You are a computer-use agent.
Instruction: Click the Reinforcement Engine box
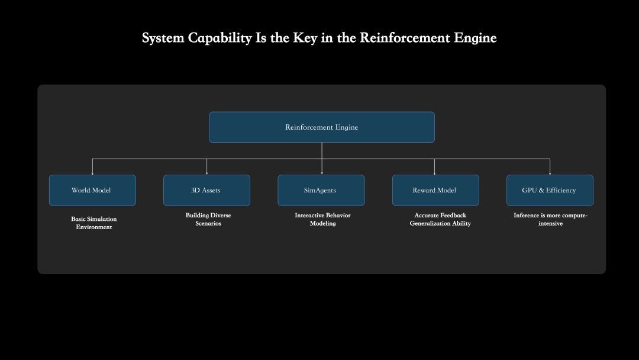tap(322, 127)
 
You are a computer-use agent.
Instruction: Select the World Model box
tap(92, 190)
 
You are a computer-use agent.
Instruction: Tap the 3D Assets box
tap(206, 190)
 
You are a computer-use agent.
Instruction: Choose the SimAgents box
tap(321, 190)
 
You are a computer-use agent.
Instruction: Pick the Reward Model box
tap(435, 190)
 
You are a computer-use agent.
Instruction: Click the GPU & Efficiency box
tap(550, 190)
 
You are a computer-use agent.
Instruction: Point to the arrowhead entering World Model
tap(92, 172)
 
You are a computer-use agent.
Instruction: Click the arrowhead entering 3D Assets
tap(206, 172)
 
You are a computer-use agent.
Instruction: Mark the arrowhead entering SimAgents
tap(321, 172)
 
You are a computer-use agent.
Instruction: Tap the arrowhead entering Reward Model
tap(435, 172)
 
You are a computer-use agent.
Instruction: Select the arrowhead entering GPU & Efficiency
tap(550, 172)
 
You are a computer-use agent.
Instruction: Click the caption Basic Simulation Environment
tap(93, 223)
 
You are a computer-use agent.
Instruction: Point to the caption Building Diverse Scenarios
tap(208, 219)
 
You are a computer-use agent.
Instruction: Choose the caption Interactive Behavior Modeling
tap(322, 219)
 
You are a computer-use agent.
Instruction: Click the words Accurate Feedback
tap(440, 215)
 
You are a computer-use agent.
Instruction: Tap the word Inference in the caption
tap(527, 215)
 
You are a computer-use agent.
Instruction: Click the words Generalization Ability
tap(440, 224)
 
